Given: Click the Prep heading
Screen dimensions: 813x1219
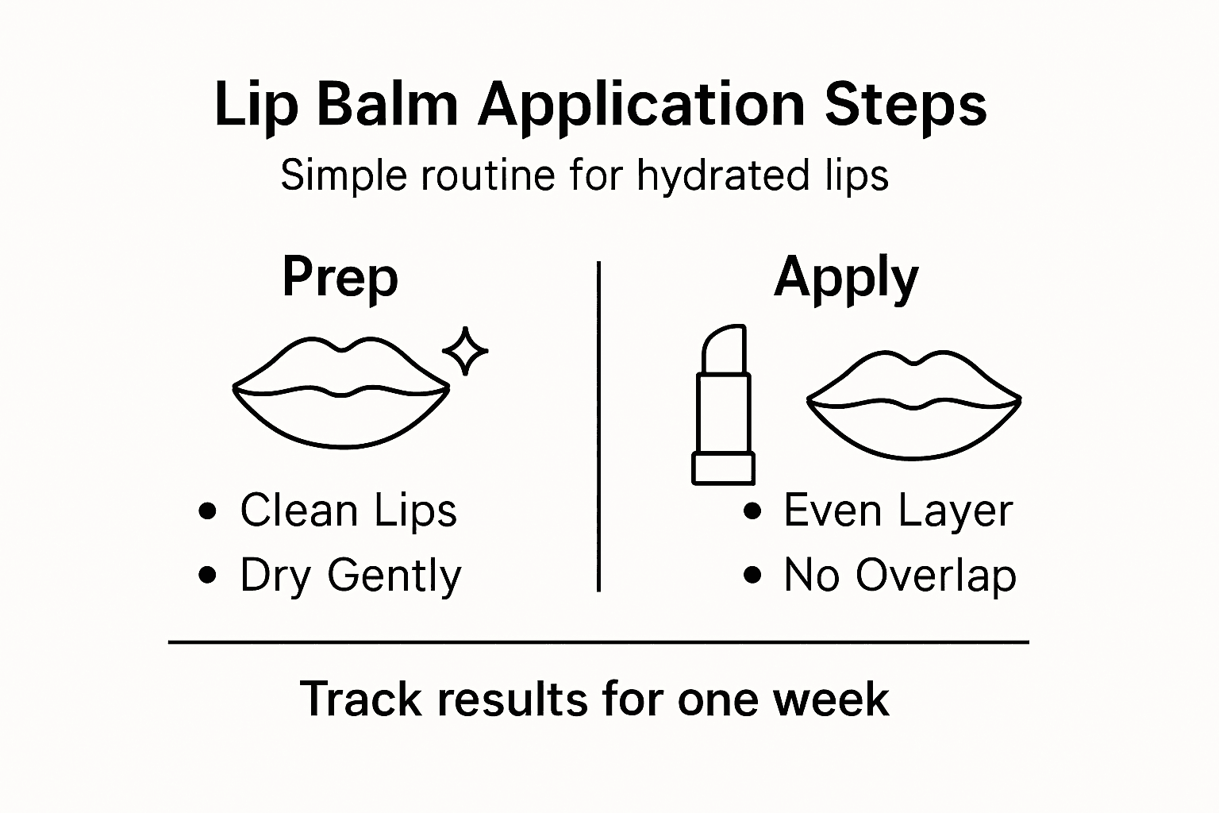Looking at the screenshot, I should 340,277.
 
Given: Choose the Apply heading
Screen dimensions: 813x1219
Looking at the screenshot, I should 846,279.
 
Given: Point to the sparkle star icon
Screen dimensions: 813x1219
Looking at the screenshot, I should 464,350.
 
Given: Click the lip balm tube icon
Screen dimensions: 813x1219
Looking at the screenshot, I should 723,405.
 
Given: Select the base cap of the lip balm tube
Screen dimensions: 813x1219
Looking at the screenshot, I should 723,468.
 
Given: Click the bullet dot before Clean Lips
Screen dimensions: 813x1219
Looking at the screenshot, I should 208,511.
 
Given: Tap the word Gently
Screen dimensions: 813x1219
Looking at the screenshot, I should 394,576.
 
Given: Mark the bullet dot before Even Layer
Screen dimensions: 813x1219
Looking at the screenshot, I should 752,511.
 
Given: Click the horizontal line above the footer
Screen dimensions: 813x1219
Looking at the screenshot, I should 598,642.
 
